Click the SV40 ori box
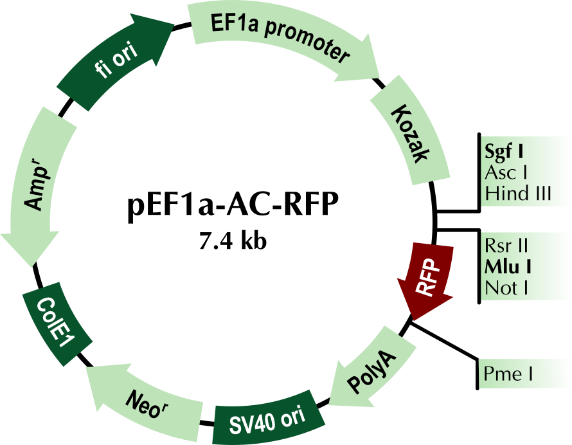pos(268,419)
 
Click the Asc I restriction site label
pos(506,173)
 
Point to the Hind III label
pos(518,193)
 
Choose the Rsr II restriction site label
pos(506,246)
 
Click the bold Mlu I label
pos(508,267)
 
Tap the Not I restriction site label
pos(506,288)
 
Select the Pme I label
pos(508,374)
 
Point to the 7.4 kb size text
pos(233,241)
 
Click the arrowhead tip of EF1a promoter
pos(379,78)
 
